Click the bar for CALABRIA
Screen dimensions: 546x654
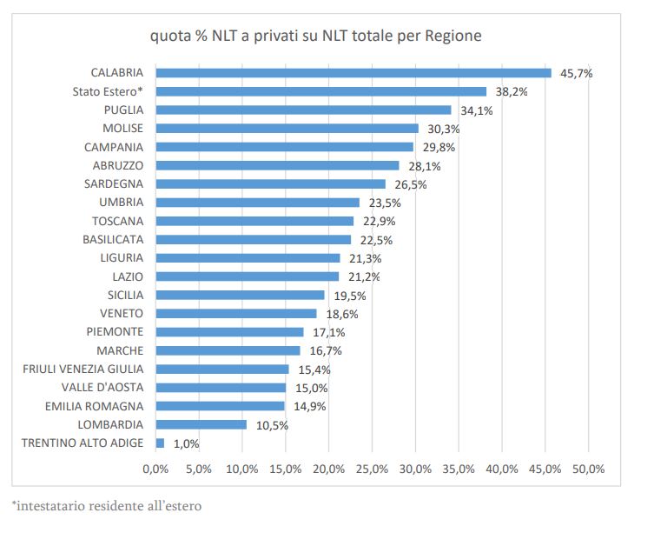pyautogui.click(x=353, y=73)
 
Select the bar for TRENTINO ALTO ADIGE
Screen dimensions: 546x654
pyautogui.click(x=160, y=443)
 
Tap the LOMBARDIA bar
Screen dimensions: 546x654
pyautogui.click(x=201, y=424)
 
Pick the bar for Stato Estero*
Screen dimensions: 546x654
pyautogui.click(x=320, y=91)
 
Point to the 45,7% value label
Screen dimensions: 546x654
pyautogui.click(x=576, y=74)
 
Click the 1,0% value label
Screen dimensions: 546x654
pyautogui.click(x=186, y=443)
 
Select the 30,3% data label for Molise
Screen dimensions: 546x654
pyautogui.click(x=444, y=129)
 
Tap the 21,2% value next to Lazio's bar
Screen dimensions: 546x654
pyautogui.click(x=365, y=276)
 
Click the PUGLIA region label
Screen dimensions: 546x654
pyautogui.click(x=123, y=110)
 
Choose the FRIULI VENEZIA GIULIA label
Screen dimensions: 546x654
pyautogui.click(x=83, y=369)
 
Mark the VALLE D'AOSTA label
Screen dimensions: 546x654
pyautogui.click(x=102, y=387)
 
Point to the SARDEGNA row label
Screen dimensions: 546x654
pyautogui.click(x=114, y=184)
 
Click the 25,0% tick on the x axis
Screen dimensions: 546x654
pyautogui.click(x=372, y=469)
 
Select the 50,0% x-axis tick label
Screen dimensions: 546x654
pyautogui.click(x=588, y=469)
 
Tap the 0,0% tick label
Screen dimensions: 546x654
pyautogui.click(x=155, y=469)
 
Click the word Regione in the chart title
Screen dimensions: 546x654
pyautogui.click(x=449, y=37)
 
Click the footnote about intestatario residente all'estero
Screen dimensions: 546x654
pyautogui.click(x=107, y=505)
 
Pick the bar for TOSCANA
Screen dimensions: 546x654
pyautogui.click(x=254, y=221)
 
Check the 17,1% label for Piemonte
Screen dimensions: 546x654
pyautogui.click(x=329, y=332)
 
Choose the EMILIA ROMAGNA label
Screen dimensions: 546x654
pyautogui.click(x=95, y=406)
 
